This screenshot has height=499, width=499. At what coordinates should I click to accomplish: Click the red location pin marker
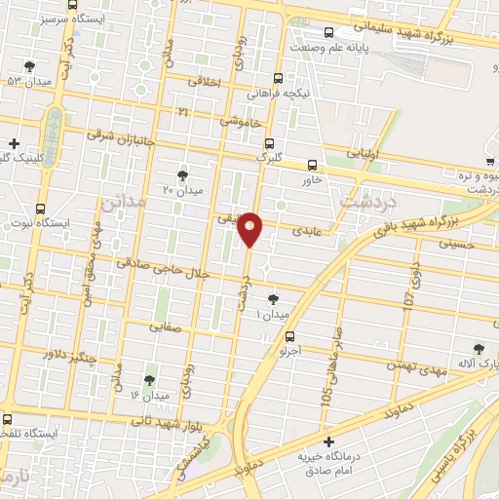[x=250, y=228]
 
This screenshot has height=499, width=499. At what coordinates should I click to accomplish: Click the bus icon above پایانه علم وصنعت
[x=329, y=31]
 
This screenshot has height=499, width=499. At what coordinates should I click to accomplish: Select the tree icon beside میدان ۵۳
[x=30, y=66]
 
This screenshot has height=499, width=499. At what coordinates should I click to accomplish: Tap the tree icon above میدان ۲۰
[x=182, y=174]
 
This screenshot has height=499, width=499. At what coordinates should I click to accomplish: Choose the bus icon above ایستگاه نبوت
[x=40, y=208]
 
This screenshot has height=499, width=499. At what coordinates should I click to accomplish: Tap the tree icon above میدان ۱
[x=272, y=299]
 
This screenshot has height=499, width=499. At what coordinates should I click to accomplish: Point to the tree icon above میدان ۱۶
[x=149, y=380]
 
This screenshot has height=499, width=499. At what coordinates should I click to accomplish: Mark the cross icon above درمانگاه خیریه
[x=329, y=441]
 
